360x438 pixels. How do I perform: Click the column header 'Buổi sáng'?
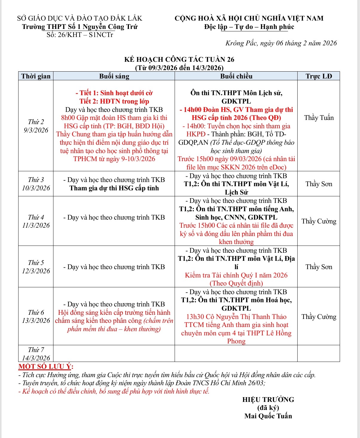[x=114, y=76]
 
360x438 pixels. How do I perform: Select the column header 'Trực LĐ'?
[x=319, y=76]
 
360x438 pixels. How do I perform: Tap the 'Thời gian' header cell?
[x=36, y=76]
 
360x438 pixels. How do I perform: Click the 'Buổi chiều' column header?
[x=236, y=76]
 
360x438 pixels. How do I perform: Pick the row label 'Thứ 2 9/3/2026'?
[x=36, y=126]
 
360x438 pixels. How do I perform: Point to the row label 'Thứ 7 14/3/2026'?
[x=36, y=354]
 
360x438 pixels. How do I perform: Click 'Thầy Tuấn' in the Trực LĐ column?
[x=319, y=118]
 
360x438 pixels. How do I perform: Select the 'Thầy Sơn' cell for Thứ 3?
[x=319, y=184]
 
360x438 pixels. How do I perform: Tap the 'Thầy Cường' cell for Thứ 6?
[x=319, y=317]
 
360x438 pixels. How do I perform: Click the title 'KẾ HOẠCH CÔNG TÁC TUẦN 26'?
[x=179, y=59]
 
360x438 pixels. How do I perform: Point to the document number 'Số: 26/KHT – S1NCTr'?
[x=80, y=35]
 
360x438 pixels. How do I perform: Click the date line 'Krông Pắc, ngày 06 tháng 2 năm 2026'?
[x=281, y=43]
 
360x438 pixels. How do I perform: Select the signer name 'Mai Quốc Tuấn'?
[x=268, y=416]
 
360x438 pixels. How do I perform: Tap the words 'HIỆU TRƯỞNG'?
[x=268, y=400]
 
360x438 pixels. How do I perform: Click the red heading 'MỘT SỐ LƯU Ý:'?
[x=46, y=366]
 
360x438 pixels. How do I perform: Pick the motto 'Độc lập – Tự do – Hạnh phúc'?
[x=249, y=27]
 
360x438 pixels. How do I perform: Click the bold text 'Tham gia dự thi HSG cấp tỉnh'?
[x=114, y=188]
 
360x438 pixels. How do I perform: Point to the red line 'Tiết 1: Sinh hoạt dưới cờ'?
[x=114, y=93]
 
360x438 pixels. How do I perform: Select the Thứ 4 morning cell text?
[x=114, y=217]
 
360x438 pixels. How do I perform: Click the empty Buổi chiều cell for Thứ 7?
[x=236, y=354]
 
